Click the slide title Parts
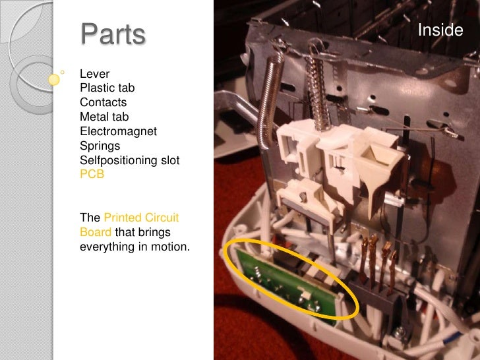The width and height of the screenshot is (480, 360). (x=112, y=35)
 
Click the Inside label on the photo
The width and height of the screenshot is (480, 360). (x=441, y=31)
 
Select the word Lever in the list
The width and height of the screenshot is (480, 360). (x=94, y=73)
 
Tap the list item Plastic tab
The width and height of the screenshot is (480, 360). (x=107, y=88)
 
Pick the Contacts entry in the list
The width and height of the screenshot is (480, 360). (x=103, y=102)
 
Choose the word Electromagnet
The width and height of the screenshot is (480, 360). (x=118, y=131)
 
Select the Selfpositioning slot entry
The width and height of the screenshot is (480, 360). (x=129, y=160)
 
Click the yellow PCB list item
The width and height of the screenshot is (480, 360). (x=92, y=175)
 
